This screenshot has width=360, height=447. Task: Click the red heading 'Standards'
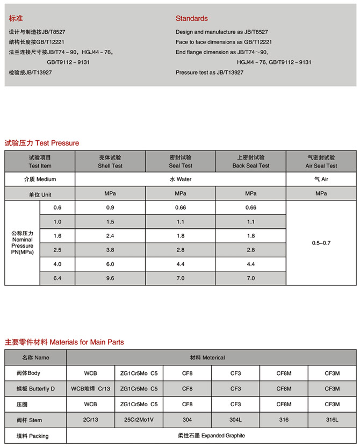[191, 18]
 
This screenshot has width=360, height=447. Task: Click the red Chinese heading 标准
[17, 18]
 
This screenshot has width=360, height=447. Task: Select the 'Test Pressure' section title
[42, 143]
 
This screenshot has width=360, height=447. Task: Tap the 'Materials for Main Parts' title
[64, 342]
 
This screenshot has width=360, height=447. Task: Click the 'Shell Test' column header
[110, 162]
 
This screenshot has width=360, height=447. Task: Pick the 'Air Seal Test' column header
[321, 162]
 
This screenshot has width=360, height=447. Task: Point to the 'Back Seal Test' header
[250, 162]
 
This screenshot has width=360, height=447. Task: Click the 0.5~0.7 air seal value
[321, 243]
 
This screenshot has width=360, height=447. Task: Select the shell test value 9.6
[110, 278]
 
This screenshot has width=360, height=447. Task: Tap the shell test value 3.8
[110, 250]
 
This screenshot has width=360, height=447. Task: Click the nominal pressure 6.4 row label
[57, 278]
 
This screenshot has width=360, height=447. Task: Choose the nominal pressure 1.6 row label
[57, 235]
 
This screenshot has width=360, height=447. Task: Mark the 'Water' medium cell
[181, 179]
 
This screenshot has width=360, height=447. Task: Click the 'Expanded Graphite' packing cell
[211, 436]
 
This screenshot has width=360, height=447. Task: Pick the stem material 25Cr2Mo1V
[139, 420]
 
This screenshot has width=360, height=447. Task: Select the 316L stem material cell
[332, 420]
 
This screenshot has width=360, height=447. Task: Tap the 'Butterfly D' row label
[35, 388]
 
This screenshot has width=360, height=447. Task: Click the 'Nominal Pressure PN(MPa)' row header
[22, 243]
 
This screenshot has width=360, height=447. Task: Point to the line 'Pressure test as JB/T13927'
[210, 72]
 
